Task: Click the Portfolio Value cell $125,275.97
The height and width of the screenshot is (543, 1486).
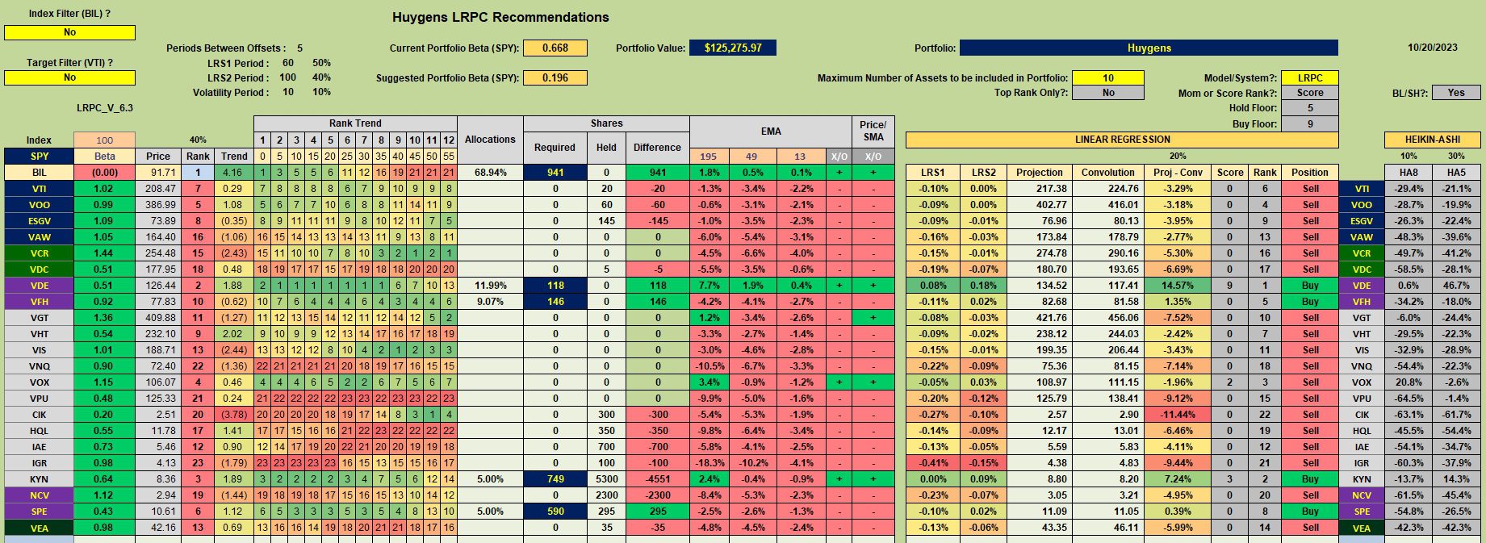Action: pos(732,48)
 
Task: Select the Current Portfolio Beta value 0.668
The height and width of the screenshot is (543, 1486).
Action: pos(555,48)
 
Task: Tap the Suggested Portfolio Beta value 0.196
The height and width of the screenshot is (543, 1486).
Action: pos(555,78)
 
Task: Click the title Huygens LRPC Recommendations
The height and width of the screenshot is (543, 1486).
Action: pos(500,17)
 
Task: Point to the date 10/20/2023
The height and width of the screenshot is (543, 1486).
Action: pos(1433,48)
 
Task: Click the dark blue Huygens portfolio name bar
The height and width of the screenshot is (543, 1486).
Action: pos(1149,48)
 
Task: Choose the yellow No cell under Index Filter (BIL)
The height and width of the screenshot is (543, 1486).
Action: pos(69,32)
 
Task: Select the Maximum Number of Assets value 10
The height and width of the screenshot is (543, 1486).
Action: pos(1108,78)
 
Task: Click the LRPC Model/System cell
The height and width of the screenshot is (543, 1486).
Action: pos(1310,78)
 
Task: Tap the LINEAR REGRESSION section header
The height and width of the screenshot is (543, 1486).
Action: pos(1122,140)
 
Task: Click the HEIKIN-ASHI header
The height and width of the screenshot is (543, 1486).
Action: pos(1432,140)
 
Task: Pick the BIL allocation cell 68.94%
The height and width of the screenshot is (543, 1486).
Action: pos(490,173)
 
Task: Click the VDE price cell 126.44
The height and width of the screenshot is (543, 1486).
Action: pos(158,286)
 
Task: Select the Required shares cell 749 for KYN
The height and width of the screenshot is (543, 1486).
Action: pos(555,479)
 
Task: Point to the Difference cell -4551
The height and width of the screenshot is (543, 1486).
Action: pos(657,479)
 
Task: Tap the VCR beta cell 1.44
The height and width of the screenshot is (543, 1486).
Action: pos(104,253)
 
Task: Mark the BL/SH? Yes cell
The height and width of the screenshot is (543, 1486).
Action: pos(1455,93)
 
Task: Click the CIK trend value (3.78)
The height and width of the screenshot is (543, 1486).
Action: pos(234,415)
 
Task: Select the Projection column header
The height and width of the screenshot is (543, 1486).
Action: pos(1040,173)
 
